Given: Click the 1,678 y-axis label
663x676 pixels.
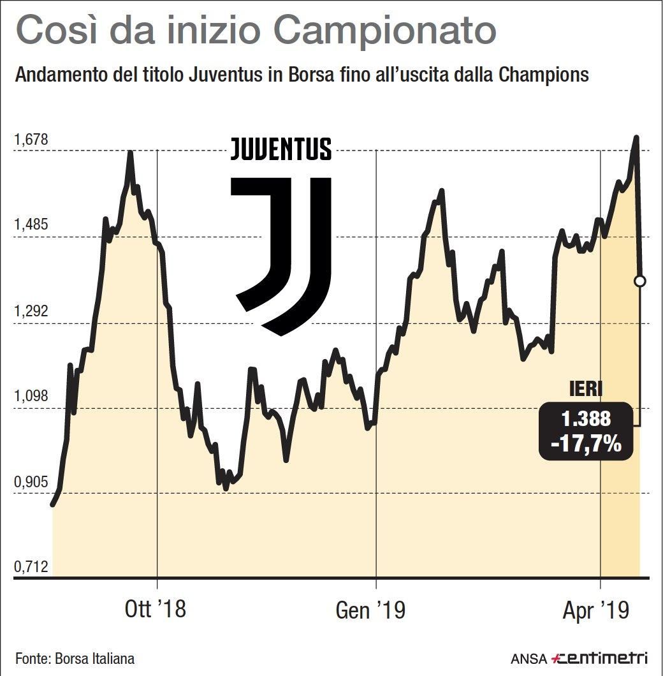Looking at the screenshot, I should pyautogui.click(x=32, y=139).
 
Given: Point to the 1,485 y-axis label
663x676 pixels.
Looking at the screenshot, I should pyautogui.click(x=32, y=225).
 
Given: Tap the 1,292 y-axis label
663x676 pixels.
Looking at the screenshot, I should pyautogui.click(x=32, y=312).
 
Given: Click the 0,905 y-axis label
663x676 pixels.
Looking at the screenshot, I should pyautogui.click(x=32, y=482).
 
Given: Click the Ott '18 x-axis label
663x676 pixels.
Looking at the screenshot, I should pyautogui.click(x=155, y=610).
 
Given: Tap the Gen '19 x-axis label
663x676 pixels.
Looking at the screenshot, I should pyautogui.click(x=370, y=611).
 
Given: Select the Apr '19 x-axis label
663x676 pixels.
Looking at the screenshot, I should pyautogui.click(x=596, y=611).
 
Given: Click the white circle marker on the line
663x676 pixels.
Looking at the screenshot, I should pyautogui.click(x=640, y=281).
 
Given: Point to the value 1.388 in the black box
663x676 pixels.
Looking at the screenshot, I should pyautogui.click(x=586, y=419).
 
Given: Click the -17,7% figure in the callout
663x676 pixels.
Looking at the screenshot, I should pyautogui.click(x=586, y=443).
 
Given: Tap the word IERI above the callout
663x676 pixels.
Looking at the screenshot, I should pyautogui.click(x=585, y=389).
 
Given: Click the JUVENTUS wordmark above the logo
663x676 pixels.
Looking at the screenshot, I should pyautogui.click(x=281, y=149).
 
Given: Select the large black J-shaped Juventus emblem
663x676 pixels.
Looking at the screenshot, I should pyautogui.click(x=284, y=255).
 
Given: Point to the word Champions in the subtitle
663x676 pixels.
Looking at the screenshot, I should pyautogui.click(x=544, y=76).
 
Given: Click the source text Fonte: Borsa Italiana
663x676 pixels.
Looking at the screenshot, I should pyautogui.click(x=75, y=658).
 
